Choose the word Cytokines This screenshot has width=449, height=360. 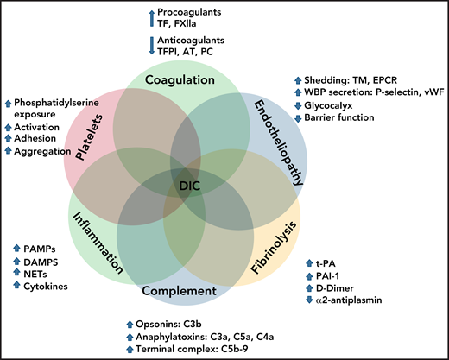click(x=43, y=285)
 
